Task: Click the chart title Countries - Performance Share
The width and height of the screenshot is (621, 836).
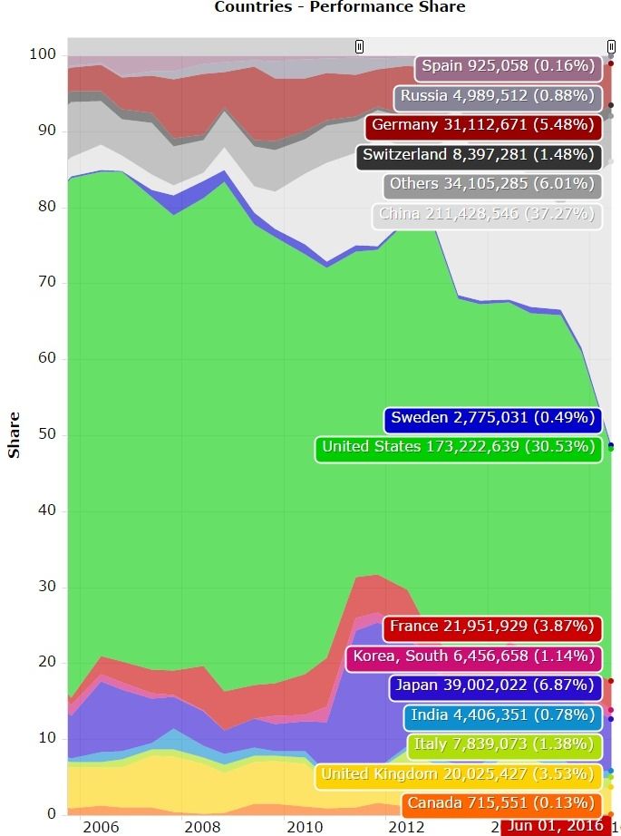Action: (339, 7)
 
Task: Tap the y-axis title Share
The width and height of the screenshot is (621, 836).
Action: (14, 436)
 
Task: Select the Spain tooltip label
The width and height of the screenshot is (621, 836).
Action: (509, 66)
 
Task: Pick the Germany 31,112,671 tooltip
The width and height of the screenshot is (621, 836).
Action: (483, 125)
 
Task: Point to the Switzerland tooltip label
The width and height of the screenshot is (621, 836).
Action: (479, 155)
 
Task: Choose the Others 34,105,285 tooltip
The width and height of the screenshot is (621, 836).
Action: (492, 185)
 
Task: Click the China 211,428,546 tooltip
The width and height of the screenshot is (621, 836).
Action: (487, 215)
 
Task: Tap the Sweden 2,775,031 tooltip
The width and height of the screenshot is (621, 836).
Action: (492, 419)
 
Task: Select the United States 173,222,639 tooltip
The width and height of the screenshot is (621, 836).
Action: (459, 447)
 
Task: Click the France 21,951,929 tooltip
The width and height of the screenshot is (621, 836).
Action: (492, 627)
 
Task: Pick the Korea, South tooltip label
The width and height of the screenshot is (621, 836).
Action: (474, 656)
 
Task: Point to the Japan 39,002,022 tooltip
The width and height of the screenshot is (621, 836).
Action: (495, 686)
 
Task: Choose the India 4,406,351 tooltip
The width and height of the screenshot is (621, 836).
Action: (503, 715)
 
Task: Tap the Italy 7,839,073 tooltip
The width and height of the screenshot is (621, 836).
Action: (505, 745)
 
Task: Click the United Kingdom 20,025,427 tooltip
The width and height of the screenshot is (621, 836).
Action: (459, 774)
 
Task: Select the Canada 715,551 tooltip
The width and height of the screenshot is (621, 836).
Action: (501, 804)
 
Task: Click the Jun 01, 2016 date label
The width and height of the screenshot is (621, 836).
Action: (555, 825)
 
